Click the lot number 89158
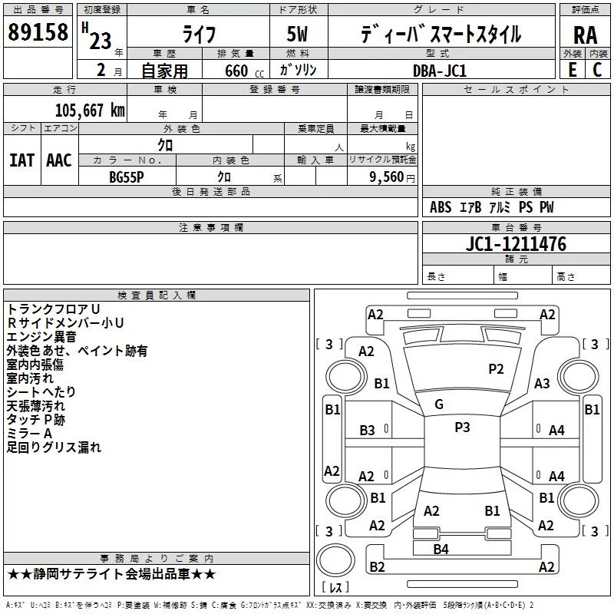tap(38, 32)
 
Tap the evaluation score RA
tap(586, 35)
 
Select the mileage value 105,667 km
tap(90, 111)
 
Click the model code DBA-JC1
tap(440, 71)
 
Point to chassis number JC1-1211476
tap(516, 244)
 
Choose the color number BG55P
tap(127, 177)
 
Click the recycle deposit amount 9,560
tap(387, 177)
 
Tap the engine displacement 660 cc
tap(244, 71)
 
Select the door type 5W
tap(297, 34)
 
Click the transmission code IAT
tap(22, 160)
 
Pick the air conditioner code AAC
tap(59, 160)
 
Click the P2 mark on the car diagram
tap(496, 369)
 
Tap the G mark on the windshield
tap(439, 404)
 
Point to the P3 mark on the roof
tap(462, 427)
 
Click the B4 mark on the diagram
tap(441, 550)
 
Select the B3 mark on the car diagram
tap(368, 431)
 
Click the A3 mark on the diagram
tap(542, 384)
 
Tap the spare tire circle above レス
tap(335, 560)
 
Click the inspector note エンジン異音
tap(41, 337)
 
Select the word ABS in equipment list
tap(441, 207)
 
